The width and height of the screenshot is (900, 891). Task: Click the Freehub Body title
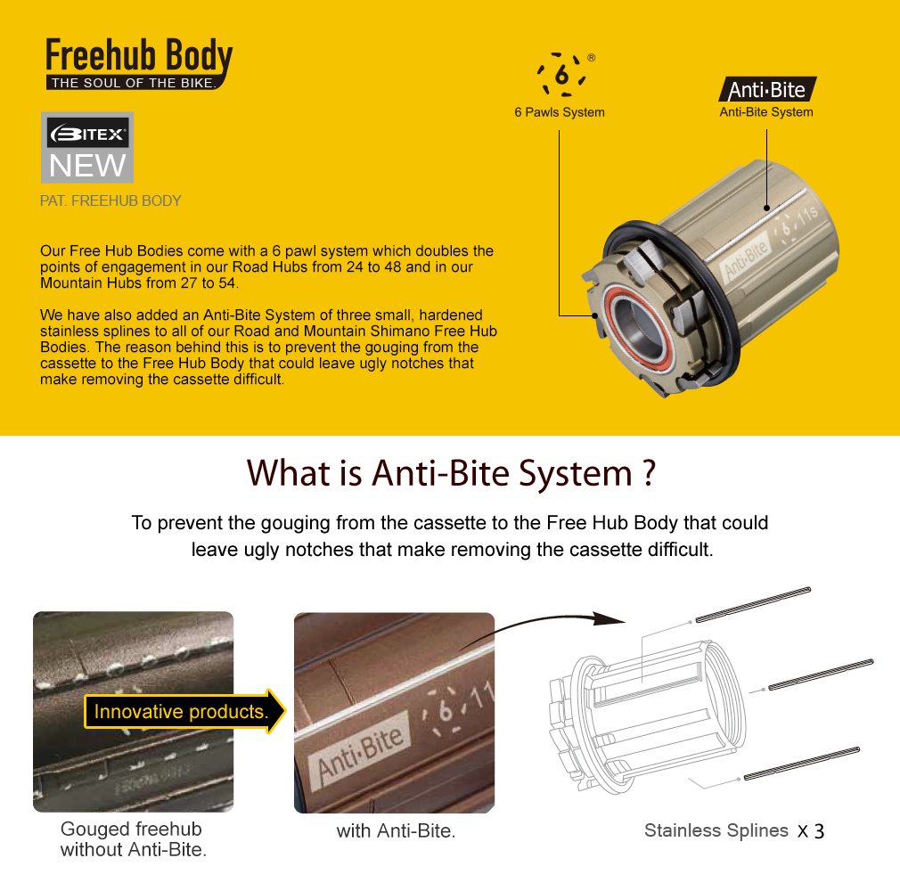click(139, 56)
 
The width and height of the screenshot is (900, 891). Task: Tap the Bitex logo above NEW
click(87, 134)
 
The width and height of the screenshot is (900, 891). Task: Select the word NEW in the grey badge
click(87, 166)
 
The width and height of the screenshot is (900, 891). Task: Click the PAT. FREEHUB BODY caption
click(110, 200)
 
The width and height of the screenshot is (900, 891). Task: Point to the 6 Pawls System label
click(559, 112)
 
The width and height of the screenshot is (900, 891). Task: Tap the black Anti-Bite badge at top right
click(767, 90)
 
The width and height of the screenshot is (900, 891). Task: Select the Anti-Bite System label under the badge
click(766, 112)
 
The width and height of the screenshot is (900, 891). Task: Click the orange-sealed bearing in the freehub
click(637, 323)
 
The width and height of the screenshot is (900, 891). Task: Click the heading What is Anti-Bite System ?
click(451, 473)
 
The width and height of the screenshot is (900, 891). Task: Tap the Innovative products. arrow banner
click(184, 711)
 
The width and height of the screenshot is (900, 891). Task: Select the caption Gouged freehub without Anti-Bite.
click(133, 838)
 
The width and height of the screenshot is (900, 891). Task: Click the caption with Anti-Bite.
click(396, 830)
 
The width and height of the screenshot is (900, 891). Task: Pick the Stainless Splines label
click(716, 830)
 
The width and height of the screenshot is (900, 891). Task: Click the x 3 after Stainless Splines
click(811, 830)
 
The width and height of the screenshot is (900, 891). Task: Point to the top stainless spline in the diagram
click(753, 604)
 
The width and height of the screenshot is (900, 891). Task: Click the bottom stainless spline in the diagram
click(802, 764)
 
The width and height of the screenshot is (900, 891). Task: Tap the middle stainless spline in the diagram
click(821, 674)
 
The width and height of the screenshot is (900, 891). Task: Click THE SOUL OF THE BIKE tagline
click(134, 83)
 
